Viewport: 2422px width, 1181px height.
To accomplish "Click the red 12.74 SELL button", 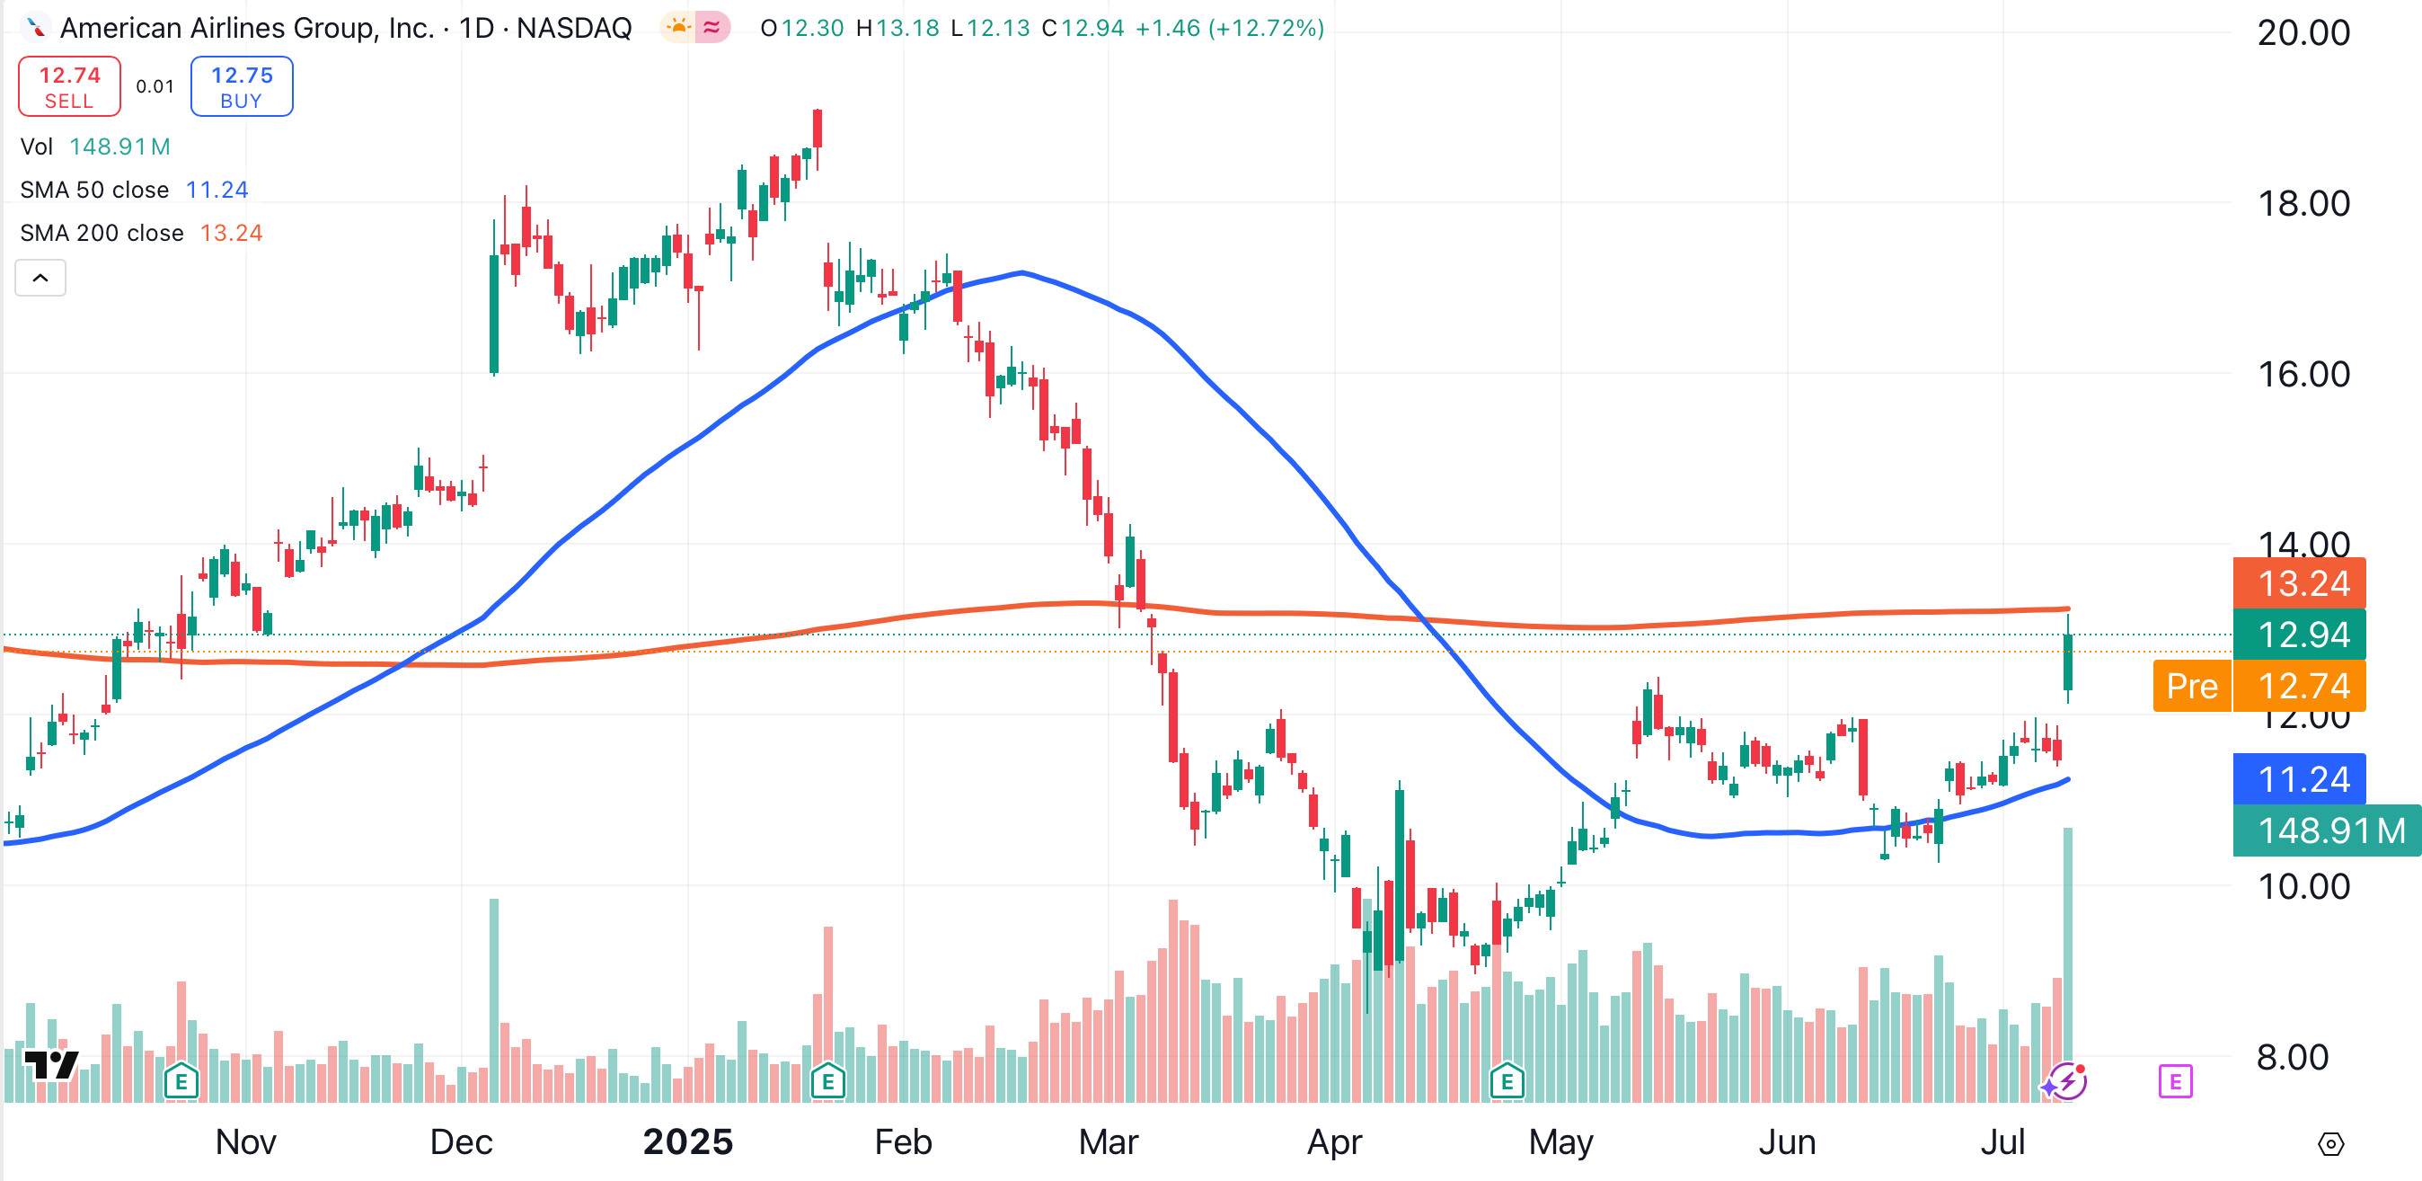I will point(69,86).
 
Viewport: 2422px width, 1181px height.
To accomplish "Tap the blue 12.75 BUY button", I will point(242,86).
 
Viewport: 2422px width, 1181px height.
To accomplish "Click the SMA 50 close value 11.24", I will point(217,190).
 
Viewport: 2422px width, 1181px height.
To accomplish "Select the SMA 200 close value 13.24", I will point(231,233).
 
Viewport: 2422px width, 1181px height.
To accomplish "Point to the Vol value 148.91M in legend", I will point(119,147).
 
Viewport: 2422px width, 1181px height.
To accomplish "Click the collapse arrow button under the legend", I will point(40,279).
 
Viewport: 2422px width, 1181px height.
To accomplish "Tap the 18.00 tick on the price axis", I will point(2303,204).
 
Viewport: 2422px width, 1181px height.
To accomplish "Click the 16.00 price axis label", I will point(2303,375).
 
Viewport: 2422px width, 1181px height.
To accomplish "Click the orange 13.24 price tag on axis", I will point(2303,584).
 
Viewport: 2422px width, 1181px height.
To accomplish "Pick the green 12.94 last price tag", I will point(2303,635).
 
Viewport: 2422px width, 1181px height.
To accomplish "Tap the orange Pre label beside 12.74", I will point(2192,687).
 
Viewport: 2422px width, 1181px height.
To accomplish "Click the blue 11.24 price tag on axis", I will point(2303,779).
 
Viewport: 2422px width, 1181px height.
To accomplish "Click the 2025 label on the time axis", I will point(687,1142).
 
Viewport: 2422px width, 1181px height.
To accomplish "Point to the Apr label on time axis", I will point(1334,1142).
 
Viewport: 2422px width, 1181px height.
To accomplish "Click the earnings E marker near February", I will point(827,1081).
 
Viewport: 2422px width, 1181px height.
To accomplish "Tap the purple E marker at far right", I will point(2175,1081).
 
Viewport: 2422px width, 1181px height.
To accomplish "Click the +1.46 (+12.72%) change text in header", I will point(1230,28).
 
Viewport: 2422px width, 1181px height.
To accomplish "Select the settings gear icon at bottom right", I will point(2330,1144).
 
